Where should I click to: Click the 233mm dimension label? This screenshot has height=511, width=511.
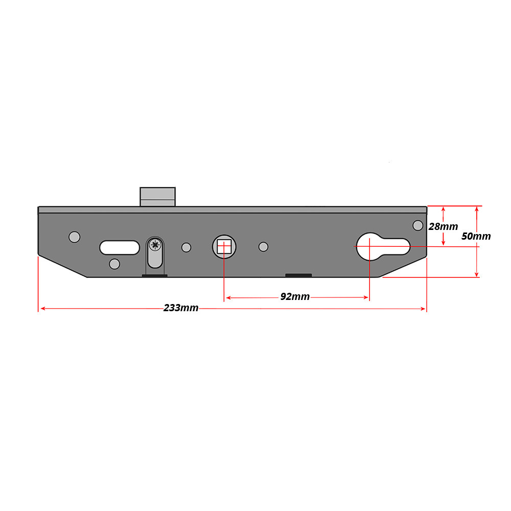pos(181,308)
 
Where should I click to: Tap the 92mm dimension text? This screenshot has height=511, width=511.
pos(295,297)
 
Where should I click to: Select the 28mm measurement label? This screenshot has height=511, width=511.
pos(443,226)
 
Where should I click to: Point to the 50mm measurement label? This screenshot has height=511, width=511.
pos(476,236)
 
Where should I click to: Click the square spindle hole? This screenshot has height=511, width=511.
pos(224,247)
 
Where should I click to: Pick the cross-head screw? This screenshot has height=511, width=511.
pos(155,245)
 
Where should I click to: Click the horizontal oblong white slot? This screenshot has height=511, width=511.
pos(120,247)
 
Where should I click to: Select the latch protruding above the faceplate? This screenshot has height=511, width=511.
pos(157,197)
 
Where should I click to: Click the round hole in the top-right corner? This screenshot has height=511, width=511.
pos(417,225)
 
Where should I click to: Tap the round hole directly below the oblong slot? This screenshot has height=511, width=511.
pos(114,264)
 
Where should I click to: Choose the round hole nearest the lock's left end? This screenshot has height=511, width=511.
pos(75,237)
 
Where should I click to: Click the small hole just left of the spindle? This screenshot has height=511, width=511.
pos(187,247)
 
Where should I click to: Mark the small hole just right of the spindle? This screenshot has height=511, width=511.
pos(263,247)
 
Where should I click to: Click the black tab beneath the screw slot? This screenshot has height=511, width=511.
pos(154,276)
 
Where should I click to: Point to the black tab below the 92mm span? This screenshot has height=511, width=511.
pos(298,275)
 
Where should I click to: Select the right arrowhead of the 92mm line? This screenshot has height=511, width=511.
pos(366,297)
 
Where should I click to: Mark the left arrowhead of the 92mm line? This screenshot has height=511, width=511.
pos(228,297)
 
